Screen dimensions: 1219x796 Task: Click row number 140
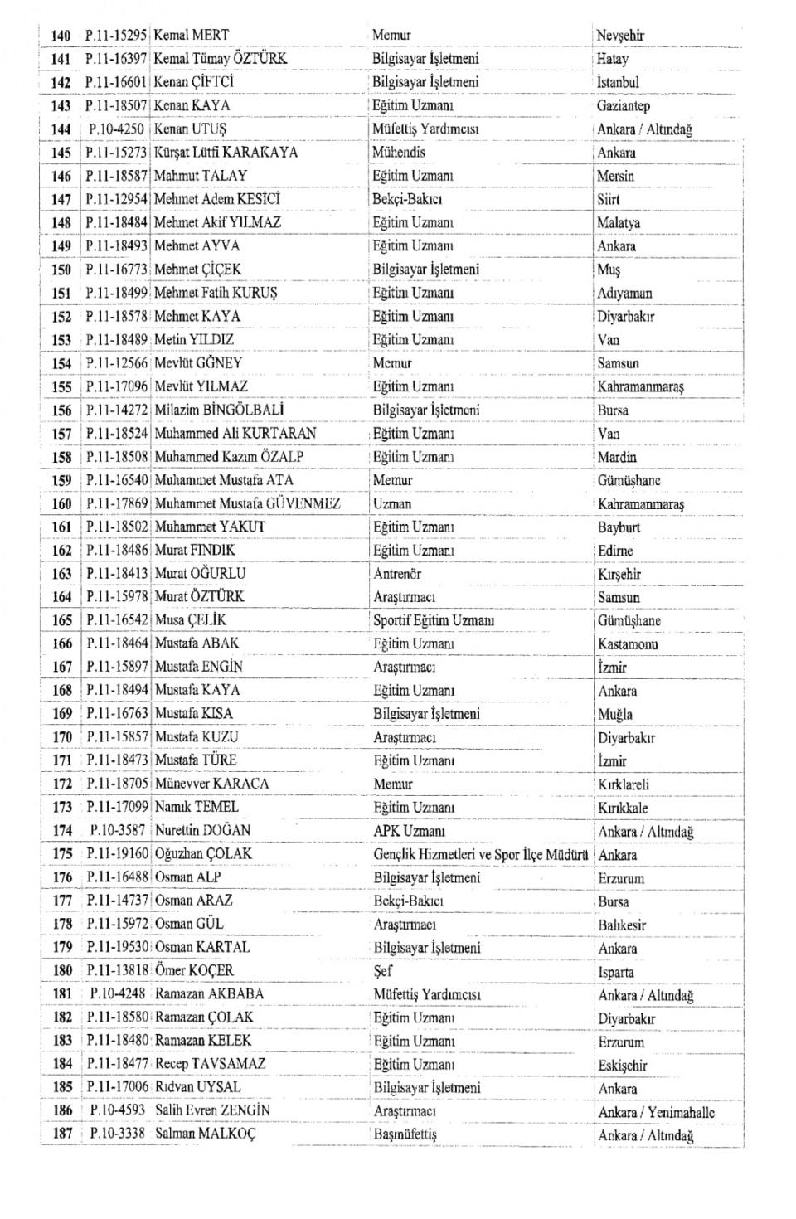point(61,36)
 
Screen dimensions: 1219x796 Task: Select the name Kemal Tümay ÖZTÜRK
point(220,59)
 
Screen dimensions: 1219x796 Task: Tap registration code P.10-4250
point(117,129)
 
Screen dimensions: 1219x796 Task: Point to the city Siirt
point(608,200)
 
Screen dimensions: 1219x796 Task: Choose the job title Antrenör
point(397,574)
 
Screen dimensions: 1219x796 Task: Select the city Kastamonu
point(628,644)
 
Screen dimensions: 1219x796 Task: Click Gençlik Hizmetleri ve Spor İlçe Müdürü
point(481,854)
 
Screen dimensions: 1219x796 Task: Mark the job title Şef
point(383,971)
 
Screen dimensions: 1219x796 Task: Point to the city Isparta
point(616,972)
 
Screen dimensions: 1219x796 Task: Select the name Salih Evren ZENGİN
point(212,1110)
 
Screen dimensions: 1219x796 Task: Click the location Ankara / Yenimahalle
point(656,1112)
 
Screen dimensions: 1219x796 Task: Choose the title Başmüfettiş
point(405,1134)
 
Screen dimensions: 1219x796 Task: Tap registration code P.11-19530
point(117,947)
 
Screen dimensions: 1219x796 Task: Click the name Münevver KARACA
point(211,784)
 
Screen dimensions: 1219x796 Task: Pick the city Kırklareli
point(624,784)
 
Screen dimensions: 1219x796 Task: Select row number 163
point(62,574)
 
